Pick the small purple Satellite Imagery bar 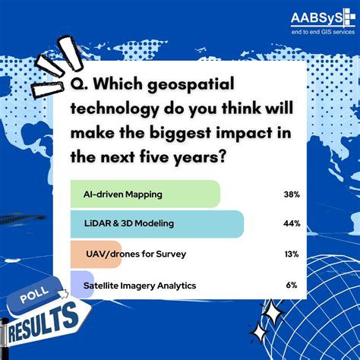click(x=74, y=285)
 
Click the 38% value click(x=291, y=194)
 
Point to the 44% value click(x=291, y=224)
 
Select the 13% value click(x=291, y=254)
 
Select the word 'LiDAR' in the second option click(x=98, y=224)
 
